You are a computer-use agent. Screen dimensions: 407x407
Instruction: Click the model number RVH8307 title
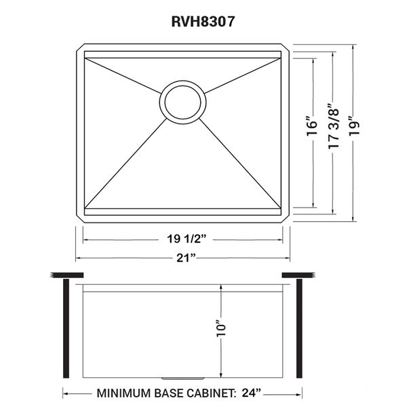203,22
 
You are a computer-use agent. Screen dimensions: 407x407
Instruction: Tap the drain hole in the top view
182,102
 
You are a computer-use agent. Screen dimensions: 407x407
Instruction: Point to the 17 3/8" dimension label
334,126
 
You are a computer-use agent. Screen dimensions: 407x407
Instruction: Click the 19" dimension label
354,125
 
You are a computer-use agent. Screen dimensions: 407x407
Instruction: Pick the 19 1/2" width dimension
187,239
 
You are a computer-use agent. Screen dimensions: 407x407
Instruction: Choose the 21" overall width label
186,258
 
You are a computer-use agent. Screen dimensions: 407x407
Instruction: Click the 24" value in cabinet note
251,393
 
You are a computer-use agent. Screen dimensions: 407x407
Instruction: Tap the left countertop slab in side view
66,275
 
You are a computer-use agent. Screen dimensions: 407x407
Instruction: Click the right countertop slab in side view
298,275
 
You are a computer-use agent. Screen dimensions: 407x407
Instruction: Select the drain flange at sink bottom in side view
182,379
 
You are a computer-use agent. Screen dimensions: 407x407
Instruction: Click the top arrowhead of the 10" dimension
221,287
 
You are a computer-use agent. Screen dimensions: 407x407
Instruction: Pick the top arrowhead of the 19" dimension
353,47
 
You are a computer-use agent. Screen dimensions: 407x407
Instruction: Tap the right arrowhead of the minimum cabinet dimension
300,393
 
